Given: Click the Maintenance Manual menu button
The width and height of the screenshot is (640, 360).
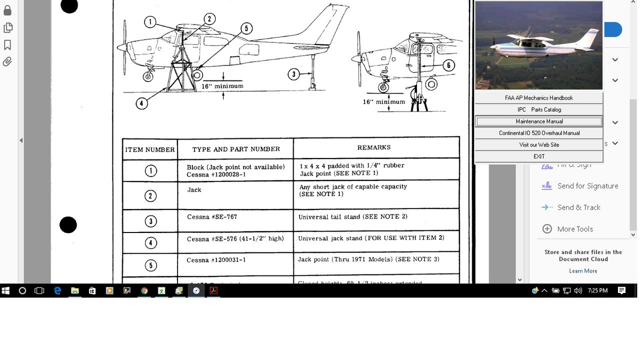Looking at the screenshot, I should click(x=539, y=121).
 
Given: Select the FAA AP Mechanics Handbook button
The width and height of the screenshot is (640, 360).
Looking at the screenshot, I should click(x=539, y=98).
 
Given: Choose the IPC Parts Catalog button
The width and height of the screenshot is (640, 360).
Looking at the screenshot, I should click(x=539, y=109).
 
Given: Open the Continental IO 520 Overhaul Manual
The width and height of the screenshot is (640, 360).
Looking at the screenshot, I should click(x=539, y=133).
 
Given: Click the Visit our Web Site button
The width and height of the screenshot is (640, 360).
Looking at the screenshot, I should click(x=539, y=144).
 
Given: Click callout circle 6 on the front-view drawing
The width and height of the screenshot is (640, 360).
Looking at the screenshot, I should click(x=448, y=65).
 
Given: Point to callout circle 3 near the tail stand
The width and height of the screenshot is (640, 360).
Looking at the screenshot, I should click(x=293, y=74).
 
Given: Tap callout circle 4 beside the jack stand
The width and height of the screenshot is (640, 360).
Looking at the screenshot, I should click(x=141, y=103).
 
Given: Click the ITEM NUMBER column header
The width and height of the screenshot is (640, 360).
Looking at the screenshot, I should click(x=150, y=149).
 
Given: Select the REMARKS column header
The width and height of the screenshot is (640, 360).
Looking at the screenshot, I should click(x=374, y=147).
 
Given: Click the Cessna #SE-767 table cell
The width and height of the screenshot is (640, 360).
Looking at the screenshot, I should click(x=212, y=217).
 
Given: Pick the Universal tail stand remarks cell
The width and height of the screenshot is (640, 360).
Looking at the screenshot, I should click(x=352, y=216).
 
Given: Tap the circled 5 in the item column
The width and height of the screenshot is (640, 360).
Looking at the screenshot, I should click(x=150, y=265).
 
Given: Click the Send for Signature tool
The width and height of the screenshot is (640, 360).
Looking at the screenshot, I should click(x=587, y=186).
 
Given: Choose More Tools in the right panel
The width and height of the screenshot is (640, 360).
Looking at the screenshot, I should click(x=574, y=229).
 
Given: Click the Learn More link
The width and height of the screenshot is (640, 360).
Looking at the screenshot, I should click(x=583, y=271).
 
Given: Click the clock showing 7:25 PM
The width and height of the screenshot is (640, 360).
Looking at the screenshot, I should click(x=598, y=290).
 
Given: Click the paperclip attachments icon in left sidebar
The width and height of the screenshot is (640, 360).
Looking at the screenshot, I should click(x=7, y=62).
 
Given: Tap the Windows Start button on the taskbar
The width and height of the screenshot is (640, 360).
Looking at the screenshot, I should click(x=5, y=290).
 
